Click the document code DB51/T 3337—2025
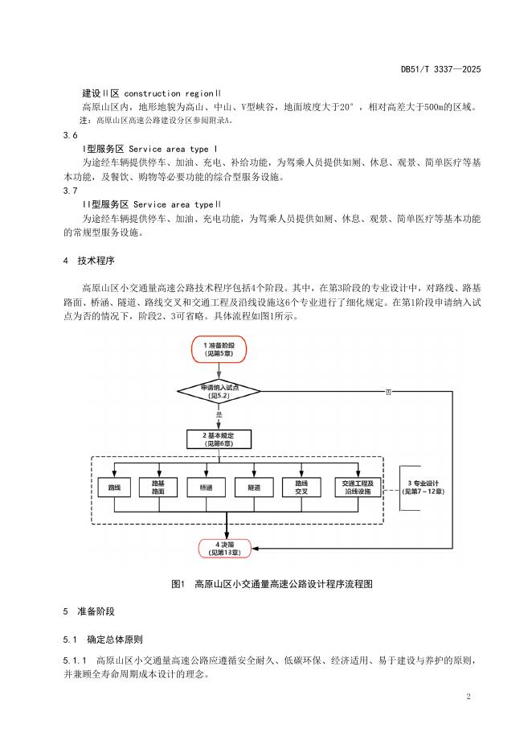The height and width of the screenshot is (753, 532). click(x=440, y=70)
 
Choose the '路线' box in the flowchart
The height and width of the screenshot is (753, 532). click(x=114, y=488)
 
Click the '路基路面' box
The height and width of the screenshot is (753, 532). click(x=158, y=488)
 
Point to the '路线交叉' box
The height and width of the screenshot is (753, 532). click(x=302, y=488)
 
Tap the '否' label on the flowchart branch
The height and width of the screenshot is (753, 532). click(x=388, y=393)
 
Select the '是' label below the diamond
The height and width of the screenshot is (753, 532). click(x=219, y=414)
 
